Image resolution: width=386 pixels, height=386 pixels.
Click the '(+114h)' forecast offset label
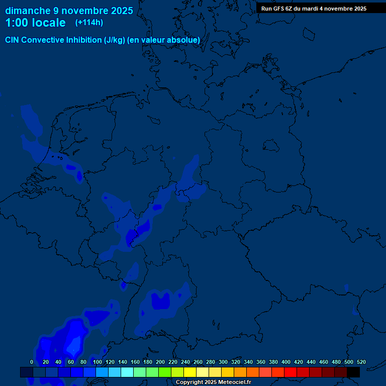click(x=89, y=23)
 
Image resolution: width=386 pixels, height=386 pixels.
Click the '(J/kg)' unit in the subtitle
click(x=115, y=40)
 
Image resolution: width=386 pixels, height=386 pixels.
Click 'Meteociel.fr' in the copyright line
click(x=235, y=382)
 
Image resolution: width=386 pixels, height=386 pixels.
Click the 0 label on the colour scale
click(x=32, y=362)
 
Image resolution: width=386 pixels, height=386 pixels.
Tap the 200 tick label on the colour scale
click(x=160, y=362)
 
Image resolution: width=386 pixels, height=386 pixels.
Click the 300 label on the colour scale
click(x=223, y=362)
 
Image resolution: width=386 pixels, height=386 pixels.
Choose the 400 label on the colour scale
click(x=286, y=362)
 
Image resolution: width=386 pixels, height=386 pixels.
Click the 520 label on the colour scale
click(x=361, y=362)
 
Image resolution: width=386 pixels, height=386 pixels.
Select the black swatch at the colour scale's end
click(x=353, y=372)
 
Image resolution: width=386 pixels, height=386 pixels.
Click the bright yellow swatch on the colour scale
click(x=190, y=372)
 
